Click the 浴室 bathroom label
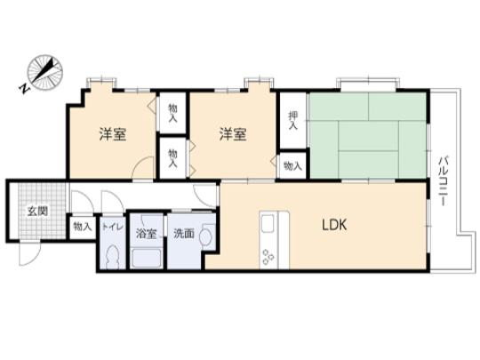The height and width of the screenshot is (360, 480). [x=146, y=234]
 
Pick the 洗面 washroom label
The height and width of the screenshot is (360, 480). [x=184, y=234]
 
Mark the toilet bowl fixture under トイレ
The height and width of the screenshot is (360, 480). [x=111, y=255]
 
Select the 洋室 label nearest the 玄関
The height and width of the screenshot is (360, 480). [x=112, y=134]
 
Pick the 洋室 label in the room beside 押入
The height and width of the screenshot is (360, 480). [x=234, y=134]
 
